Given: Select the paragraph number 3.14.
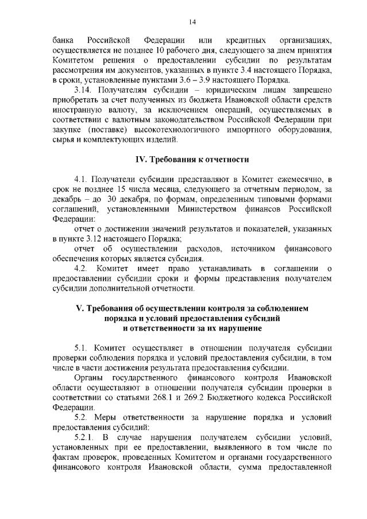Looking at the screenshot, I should click(84, 91).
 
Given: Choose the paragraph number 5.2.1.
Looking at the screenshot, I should click(86, 437).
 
